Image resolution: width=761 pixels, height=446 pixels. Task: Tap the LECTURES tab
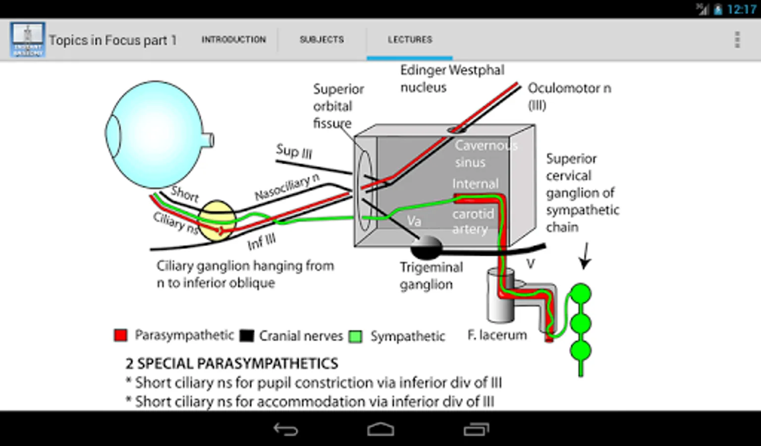(x=410, y=40)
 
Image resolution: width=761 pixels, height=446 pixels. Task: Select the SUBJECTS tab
(x=322, y=40)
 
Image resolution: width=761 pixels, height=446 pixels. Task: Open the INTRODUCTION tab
(x=233, y=40)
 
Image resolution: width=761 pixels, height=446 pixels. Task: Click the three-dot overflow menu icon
(x=737, y=40)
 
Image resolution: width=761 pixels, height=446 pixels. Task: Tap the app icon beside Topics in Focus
(x=27, y=39)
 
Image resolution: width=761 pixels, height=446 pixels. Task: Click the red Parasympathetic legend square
(x=120, y=335)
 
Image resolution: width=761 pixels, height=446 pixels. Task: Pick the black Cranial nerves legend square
(x=246, y=336)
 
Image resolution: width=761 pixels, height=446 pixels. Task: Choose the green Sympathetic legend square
(x=355, y=336)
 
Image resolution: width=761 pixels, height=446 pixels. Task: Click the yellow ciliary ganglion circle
(x=217, y=221)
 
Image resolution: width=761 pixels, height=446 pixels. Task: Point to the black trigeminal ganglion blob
(x=425, y=246)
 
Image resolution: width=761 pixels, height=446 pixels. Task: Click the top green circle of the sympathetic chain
(x=581, y=294)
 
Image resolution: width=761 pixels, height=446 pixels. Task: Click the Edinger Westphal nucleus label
(x=451, y=79)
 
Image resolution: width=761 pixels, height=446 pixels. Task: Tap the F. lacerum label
(x=497, y=335)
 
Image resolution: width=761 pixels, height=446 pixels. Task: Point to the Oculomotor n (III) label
(x=568, y=96)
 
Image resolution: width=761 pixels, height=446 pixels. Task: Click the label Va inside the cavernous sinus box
(x=414, y=221)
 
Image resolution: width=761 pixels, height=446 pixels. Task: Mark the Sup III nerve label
(x=294, y=151)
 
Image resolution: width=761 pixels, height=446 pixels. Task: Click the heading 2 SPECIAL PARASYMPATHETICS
(x=231, y=364)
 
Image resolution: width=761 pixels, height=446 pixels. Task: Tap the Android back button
(x=286, y=429)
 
